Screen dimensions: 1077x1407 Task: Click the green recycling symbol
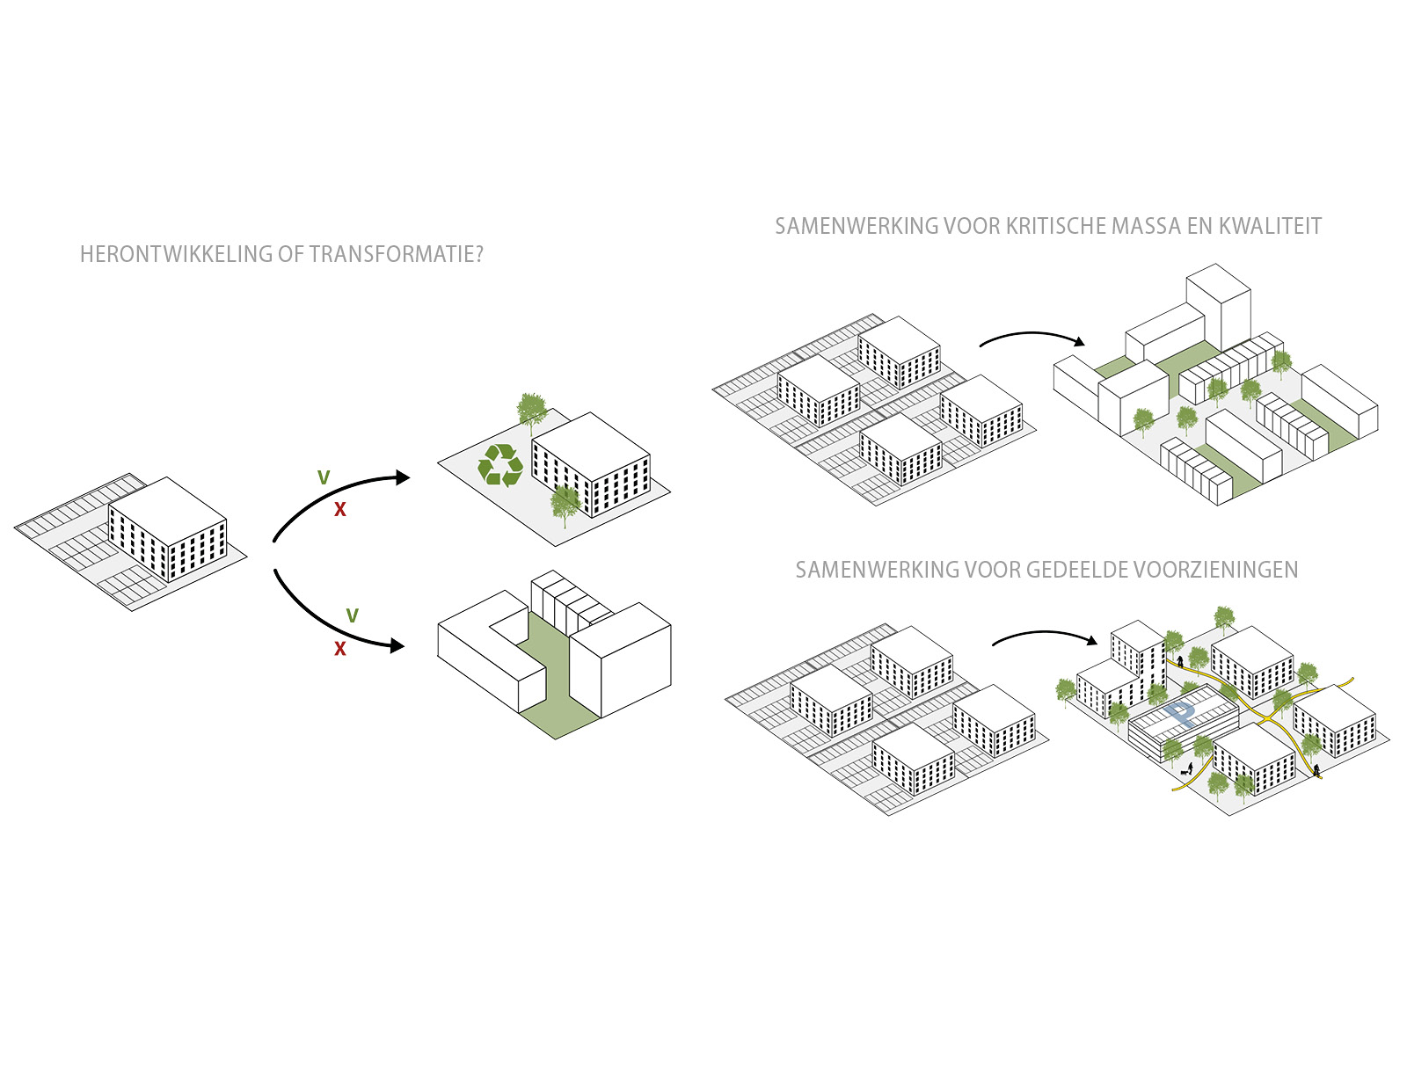[x=500, y=464]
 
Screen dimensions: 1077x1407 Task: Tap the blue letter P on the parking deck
[x=1180, y=713]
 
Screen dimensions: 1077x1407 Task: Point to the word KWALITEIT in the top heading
[x=1269, y=226]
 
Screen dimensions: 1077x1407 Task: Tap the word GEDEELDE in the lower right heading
[x=1081, y=570]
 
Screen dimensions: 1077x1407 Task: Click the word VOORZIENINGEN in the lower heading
[x=1219, y=570]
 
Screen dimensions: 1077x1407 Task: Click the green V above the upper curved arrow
[x=324, y=477]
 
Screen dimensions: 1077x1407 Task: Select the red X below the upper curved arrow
[x=340, y=510]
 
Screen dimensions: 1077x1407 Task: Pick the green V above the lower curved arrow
[x=352, y=615]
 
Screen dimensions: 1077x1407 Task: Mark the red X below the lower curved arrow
[x=340, y=649]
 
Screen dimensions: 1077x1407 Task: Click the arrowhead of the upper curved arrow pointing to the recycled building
[x=403, y=477]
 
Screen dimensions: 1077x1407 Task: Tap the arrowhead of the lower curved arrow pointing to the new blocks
[x=397, y=646]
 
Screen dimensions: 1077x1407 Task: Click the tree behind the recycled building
[x=531, y=409]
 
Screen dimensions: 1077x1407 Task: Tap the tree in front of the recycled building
[x=565, y=503]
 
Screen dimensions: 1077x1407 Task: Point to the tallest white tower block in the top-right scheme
[x=1218, y=303]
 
